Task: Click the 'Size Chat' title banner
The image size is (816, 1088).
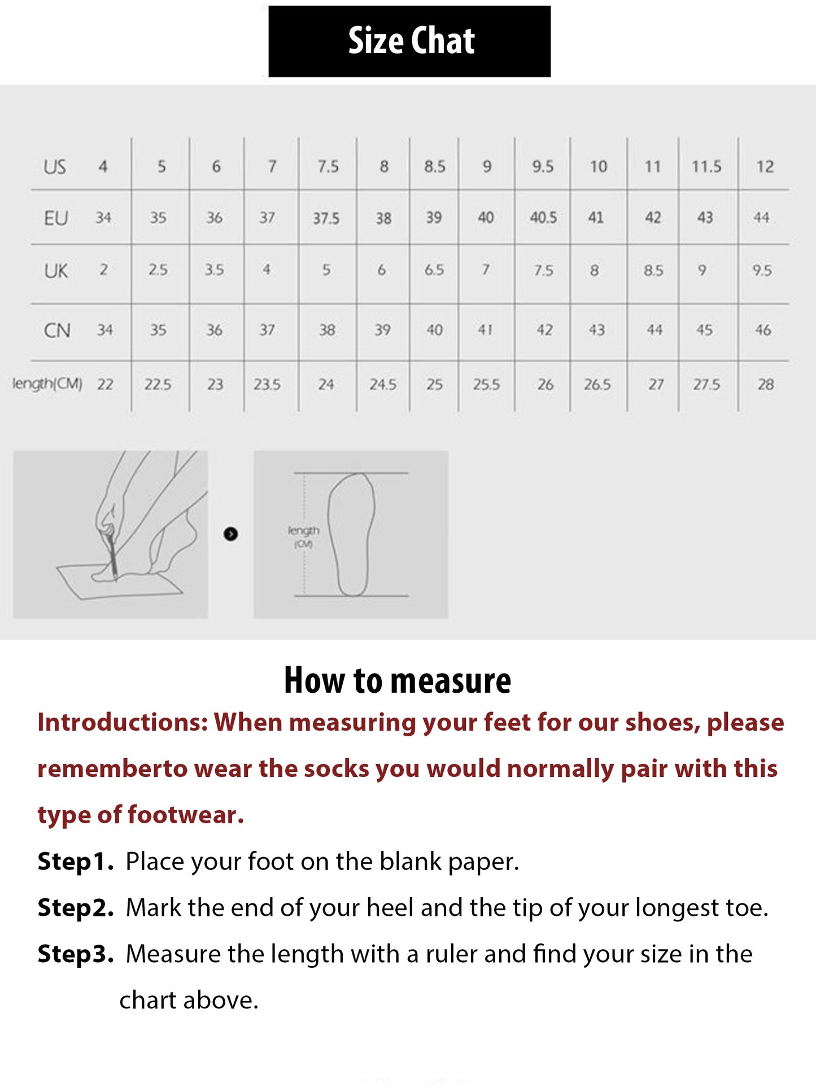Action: [x=409, y=41]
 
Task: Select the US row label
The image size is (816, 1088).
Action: [x=55, y=167]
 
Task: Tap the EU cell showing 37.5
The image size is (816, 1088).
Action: [x=326, y=219]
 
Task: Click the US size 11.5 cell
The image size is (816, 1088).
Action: [x=706, y=167]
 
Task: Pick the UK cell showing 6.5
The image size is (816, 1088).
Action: [x=434, y=270]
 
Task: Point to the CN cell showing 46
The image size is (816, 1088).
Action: [x=763, y=330]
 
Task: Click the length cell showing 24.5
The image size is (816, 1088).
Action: [x=383, y=385]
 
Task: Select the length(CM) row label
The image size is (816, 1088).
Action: [x=47, y=384]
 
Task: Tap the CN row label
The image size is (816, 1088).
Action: [x=57, y=331]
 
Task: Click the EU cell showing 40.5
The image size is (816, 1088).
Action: [x=543, y=218]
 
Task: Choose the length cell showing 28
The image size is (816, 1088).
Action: [x=766, y=385]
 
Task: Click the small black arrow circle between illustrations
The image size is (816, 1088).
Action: [x=230, y=534]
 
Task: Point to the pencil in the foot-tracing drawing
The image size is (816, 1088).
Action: [x=111, y=556]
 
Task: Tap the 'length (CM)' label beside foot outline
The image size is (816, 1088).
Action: [x=303, y=536]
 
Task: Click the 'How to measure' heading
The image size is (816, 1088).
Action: [x=398, y=680]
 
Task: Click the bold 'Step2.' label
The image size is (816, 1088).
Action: [x=76, y=908]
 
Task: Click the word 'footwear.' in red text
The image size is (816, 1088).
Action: [x=186, y=815]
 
